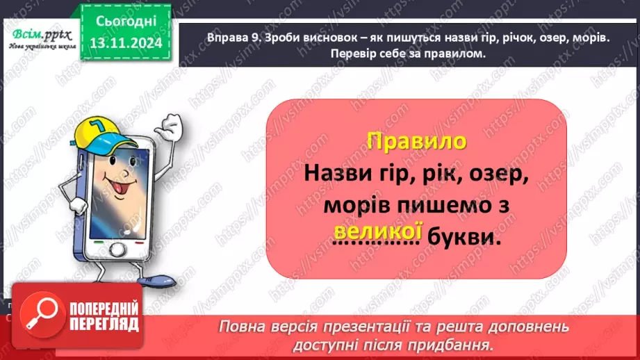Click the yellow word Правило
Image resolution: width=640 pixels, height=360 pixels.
tap(416, 141)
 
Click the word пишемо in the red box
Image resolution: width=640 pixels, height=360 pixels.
tap(443, 206)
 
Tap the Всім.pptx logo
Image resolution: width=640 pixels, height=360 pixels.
tap(38, 35)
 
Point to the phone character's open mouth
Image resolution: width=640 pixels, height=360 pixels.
tap(108, 188)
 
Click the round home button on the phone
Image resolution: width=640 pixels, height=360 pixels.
tap(120, 249)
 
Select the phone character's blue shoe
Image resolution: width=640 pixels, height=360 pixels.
tap(157, 281)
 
